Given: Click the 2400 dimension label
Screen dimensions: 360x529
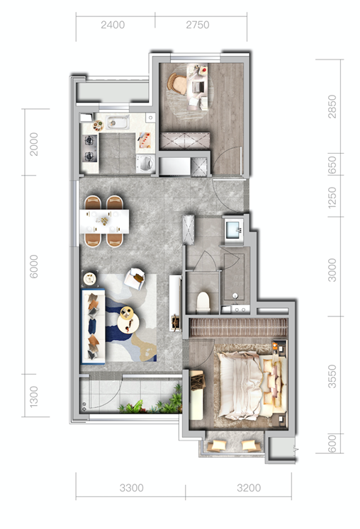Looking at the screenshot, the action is click(113, 25).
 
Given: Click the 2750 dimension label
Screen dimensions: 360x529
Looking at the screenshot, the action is click(198, 25).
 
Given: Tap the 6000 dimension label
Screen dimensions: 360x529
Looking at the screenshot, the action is click(34, 266).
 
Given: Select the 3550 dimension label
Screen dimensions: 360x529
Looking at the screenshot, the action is click(332, 376).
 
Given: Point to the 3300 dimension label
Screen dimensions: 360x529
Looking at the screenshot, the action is click(132, 488).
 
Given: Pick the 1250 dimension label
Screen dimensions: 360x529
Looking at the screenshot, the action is click(332, 197).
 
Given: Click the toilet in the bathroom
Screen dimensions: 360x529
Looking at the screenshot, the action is click(203, 302).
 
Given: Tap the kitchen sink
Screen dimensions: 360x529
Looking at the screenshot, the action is click(117, 122).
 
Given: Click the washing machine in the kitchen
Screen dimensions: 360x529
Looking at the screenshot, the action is click(145, 164).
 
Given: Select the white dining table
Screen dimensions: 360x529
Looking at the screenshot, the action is click(104, 222).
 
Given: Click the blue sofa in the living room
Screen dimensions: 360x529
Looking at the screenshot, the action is click(94, 326).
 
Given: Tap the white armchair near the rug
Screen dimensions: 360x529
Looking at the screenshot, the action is click(135, 279).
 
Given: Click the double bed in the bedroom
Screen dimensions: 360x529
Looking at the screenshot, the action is click(252, 385).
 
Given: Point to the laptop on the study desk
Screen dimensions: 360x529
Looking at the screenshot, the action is click(197, 87).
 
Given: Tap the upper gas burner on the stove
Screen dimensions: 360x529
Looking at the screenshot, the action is click(89, 140).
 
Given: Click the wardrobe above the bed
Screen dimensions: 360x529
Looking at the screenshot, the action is click(237, 327).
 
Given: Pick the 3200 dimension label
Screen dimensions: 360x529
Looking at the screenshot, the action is click(249, 488).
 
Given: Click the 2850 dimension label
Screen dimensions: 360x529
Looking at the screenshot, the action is click(332, 107).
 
